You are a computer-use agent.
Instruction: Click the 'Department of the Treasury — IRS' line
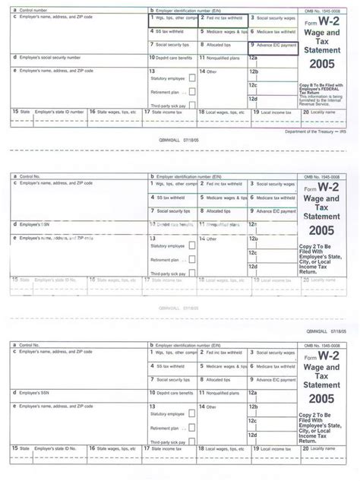(x=316, y=131)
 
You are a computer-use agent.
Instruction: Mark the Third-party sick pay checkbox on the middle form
(x=191, y=271)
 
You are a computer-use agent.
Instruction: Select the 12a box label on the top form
(x=254, y=58)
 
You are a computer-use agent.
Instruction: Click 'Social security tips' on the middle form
(x=173, y=210)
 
